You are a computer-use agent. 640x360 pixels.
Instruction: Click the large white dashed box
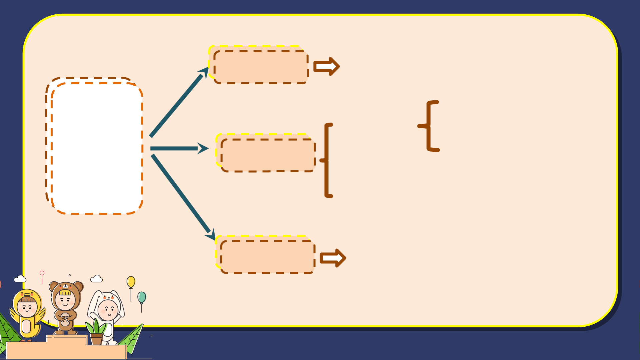pyautogui.click(x=95, y=147)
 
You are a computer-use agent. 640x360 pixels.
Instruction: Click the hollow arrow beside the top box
pyautogui.click(x=326, y=66)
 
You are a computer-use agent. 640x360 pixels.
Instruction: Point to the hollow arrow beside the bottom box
pyautogui.click(x=332, y=258)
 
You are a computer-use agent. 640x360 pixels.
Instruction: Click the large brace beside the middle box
pyautogui.click(x=327, y=160)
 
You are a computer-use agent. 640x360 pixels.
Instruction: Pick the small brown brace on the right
pyautogui.click(x=429, y=126)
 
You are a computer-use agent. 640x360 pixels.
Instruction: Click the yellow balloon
pyautogui.click(x=131, y=282)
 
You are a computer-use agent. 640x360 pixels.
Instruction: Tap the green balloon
pyautogui.click(x=142, y=297)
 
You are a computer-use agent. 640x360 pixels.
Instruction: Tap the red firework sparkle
pyautogui.click(x=42, y=273)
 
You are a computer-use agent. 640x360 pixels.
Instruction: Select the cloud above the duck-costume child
pyautogui.click(x=20, y=279)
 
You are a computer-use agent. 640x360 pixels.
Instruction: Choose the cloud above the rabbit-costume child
pyautogui.click(x=96, y=278)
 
